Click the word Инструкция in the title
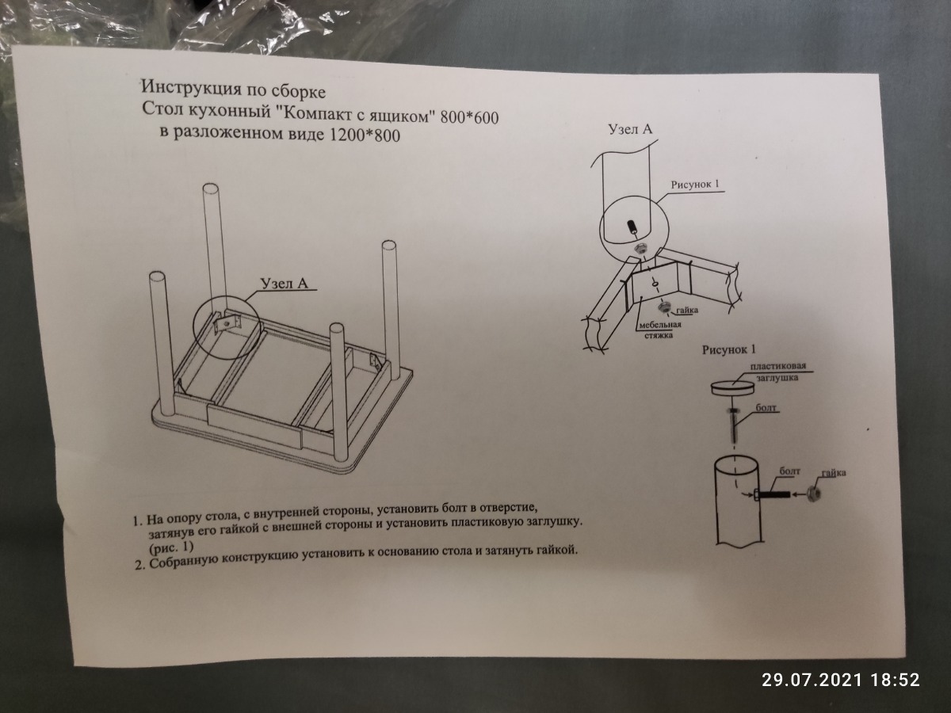pos(191,88)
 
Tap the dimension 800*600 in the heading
pos(469,117)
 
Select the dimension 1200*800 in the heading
pos(365,135)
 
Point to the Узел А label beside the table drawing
pos(284,283)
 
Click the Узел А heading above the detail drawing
pos(630,129)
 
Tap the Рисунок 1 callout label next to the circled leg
pos(695,185)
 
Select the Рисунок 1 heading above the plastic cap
pos(729,349)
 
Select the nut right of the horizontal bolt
pos(813,493)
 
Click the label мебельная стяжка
pos(659,330)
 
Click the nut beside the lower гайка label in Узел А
pos(663,307)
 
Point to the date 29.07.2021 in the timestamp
pos(812,680)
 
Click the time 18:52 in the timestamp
pos(895,680)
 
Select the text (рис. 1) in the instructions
pos(171,547)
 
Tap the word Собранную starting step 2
pos(184,562)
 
